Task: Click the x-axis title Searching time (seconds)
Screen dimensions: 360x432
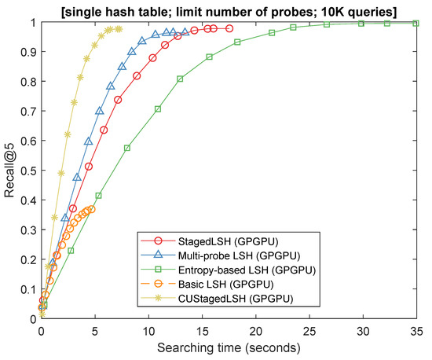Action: click(x=229, y=347)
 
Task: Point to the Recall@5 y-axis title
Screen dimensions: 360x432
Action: click(x=9, y=169)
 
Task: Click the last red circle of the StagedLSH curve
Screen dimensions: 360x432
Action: click(x=229, y=28)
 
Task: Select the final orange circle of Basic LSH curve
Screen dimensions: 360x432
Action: click(x=92, y=208)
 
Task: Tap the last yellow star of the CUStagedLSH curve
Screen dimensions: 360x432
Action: click(x=119, y=29)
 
